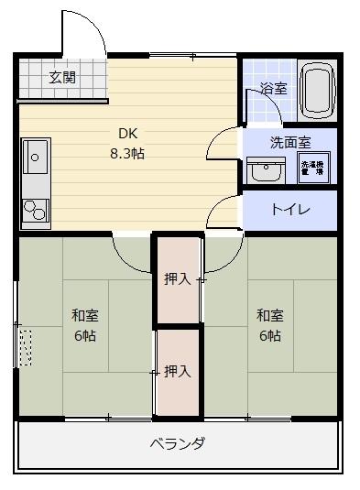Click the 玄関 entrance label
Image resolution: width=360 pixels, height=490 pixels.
click(x=62, y=77)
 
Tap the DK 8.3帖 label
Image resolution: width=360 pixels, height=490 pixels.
click(x=126, y=142)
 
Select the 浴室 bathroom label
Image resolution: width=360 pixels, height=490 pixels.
click(x=273, y=89)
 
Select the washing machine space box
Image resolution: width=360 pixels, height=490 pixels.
click(x=313, y=168)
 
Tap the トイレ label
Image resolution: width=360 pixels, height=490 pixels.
click(x=289, y=210)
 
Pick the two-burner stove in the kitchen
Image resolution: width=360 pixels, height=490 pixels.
click(x=36, y=212)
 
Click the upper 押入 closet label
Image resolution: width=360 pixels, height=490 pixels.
click(x=177, y=278)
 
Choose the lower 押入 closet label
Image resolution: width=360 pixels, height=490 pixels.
click(x=177, y=371)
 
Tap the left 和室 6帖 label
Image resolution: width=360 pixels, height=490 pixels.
click(x=85, y=325)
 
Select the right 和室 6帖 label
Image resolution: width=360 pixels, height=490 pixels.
click(x=268, y=325)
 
